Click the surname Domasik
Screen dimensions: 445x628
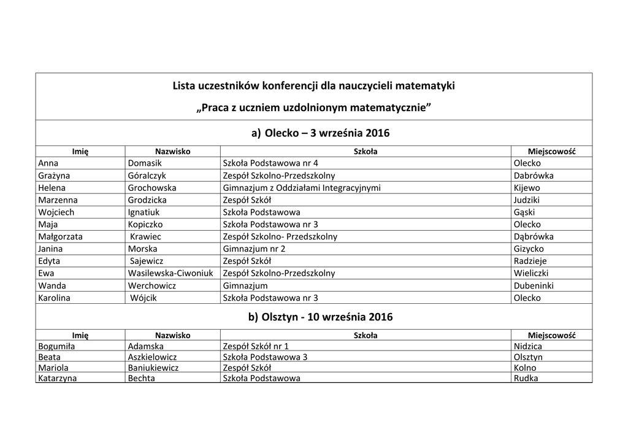[145, 163]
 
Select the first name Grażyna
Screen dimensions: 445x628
[53, 176]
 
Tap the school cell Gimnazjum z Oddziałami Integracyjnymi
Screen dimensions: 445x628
[302, 188]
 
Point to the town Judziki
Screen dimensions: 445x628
[527, 200]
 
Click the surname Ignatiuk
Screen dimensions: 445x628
[145, 212]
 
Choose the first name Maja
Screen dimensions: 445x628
[48, 225]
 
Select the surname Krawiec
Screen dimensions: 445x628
[146, 237]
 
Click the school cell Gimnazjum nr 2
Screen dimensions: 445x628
[255, 249]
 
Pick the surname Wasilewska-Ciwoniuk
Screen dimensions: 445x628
[170, 274]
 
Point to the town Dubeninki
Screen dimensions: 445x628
[532, 286]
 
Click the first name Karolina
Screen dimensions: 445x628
[54, 298]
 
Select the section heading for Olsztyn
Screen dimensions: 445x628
[320, 317]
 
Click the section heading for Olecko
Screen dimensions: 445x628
[320, 133]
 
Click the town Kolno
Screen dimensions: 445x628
[525, 368]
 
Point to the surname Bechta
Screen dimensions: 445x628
[142, 378]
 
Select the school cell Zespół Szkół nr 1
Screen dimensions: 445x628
[256, 346]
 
